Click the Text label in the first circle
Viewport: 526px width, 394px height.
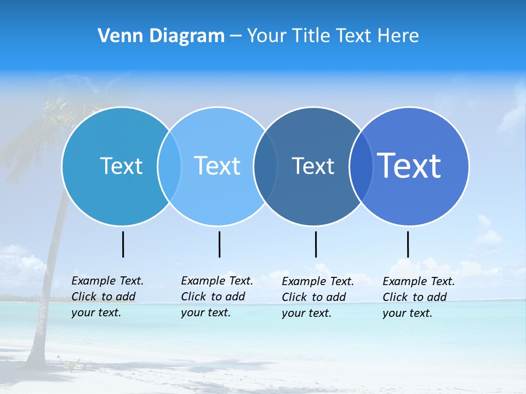point(121,166)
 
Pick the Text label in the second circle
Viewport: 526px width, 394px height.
point(218,166)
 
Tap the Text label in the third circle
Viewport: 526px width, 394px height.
point(313,166)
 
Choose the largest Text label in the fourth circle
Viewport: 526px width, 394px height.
point(409,166)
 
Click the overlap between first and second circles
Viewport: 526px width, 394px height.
point(169,166)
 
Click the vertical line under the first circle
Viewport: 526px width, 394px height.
point(123,244)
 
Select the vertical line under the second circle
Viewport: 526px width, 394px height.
point(219,244)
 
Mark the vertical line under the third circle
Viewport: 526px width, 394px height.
point(316,244)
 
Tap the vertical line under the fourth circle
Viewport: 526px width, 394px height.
point(408,244)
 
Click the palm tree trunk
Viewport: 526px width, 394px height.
point(46,306)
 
